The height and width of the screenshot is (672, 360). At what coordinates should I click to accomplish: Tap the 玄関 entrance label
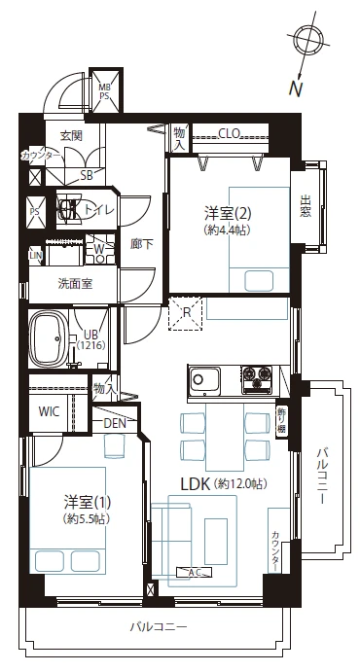point(71,136)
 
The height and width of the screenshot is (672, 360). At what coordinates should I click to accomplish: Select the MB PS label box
point(105,91)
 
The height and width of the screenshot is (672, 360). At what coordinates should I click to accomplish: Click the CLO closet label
point(230,133)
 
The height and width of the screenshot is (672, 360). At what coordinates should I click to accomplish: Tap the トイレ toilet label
point(100,208)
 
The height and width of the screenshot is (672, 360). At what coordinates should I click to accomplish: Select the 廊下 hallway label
point(141,244)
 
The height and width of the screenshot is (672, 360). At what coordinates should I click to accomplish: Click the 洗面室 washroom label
point(74,284)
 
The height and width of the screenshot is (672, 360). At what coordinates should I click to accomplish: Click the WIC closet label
point(49,411)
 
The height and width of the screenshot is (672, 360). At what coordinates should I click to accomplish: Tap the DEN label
point(116,422)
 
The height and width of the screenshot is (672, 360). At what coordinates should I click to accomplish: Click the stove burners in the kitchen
point(259,375)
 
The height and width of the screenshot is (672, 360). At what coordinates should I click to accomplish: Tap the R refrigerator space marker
point(186,313)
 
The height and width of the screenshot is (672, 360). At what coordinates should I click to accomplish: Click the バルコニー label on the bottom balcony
point(158,627)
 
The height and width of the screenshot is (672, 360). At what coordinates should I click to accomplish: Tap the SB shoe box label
point(87,176)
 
